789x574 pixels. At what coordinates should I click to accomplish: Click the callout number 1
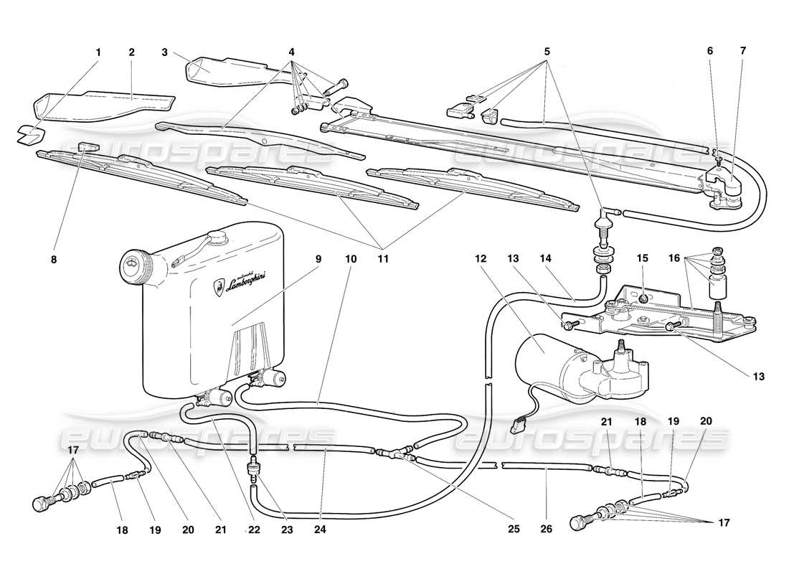pyautogui.click(x=98, y=52)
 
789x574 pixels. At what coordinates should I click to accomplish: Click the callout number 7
pyautogui.click(x=742, y=52)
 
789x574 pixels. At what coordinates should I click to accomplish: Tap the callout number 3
pyautogui.click(x=164, y=52)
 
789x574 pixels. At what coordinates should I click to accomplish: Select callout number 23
pyautogui.click(x=286, y=532)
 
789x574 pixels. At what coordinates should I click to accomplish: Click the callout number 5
pyautogui.click(x=547, y=52)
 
